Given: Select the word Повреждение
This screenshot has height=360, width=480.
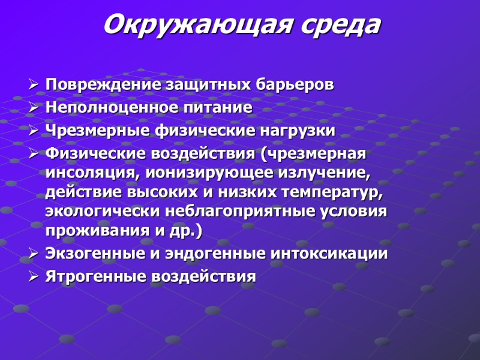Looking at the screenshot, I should pyautogui.click(x=104, y=85).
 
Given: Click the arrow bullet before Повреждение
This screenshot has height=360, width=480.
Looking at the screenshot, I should pyautogui.click(x=34, y=85).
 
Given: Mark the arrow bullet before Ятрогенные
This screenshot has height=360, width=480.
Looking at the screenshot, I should pyautogui.click(x=34, y=277).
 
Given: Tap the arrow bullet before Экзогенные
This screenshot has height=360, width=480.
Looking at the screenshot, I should pyautogui.click(x=34, y=254).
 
